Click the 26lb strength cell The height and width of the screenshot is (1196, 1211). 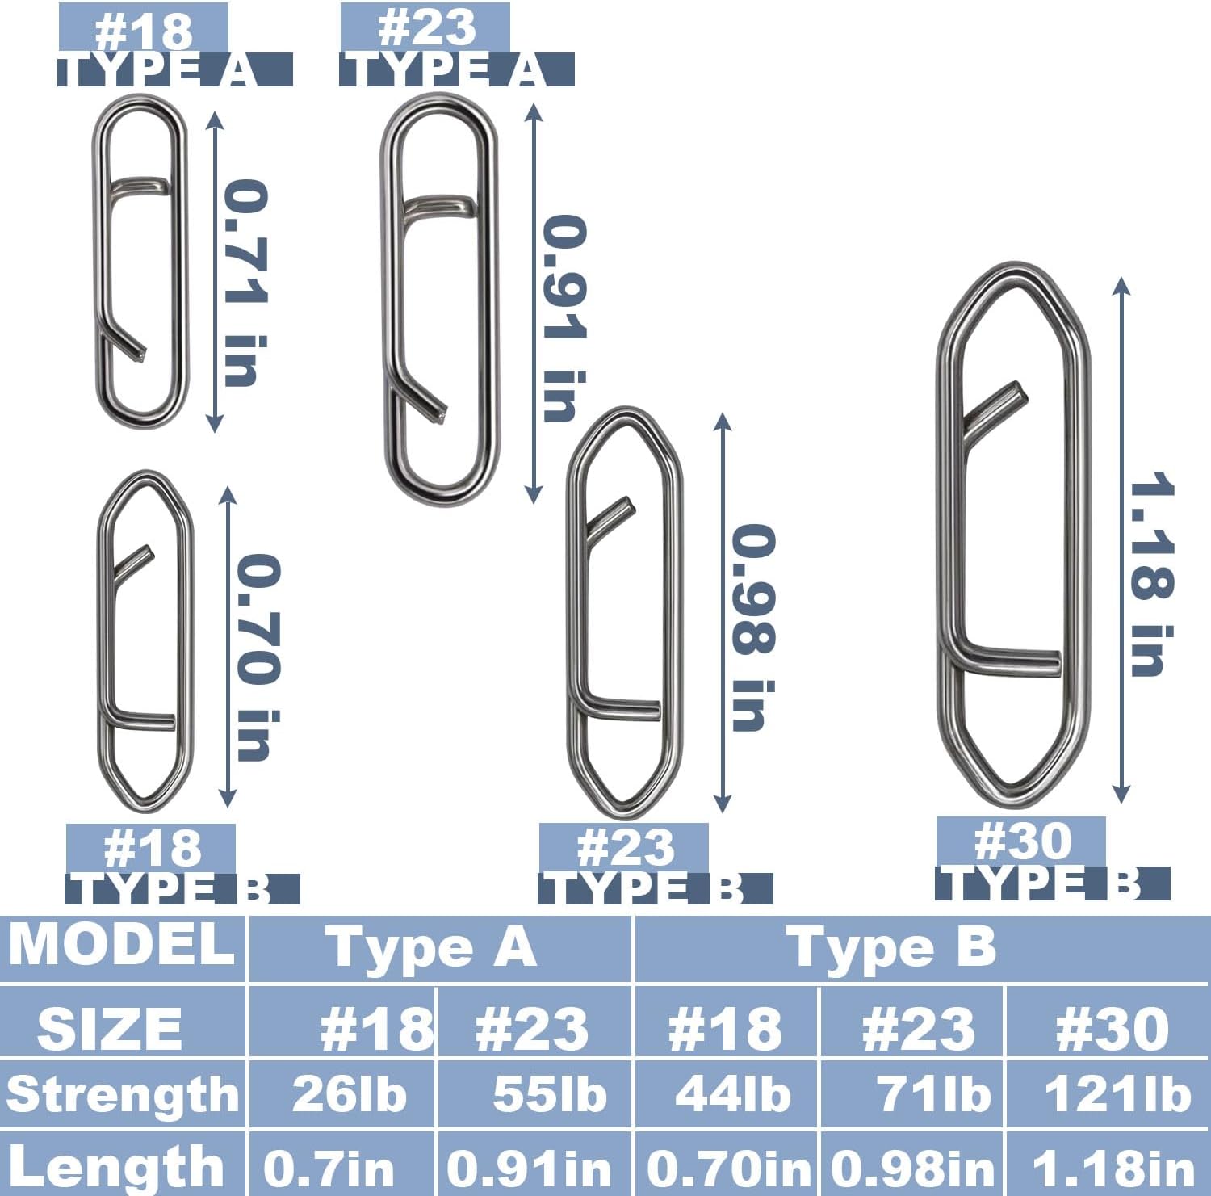tap(349, 1095)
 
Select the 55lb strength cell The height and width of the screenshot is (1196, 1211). tap(549, 1095)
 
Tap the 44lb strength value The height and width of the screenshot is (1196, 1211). tap(732, 1095)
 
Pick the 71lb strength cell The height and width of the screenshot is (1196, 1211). tap(933, 1095)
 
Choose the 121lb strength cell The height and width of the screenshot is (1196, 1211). tap(1117, 1095)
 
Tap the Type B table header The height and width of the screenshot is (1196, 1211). tap(895, 947)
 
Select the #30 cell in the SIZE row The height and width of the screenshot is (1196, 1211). tap(1112, 1029)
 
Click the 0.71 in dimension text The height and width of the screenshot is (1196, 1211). tap(245, 283)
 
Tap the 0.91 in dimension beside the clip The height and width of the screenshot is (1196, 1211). tap(564, 318)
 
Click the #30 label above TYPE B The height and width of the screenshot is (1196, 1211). tap(1022, 841)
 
